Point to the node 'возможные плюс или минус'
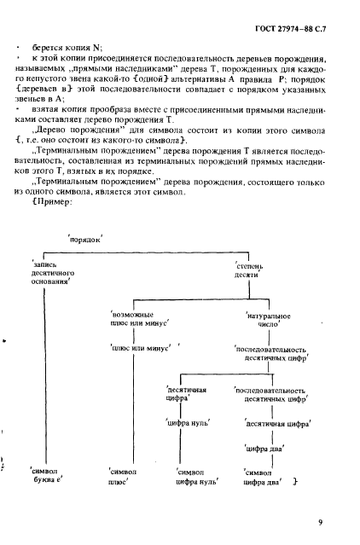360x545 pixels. coord(134,321)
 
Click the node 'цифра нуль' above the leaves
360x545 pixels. coord(188,421)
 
